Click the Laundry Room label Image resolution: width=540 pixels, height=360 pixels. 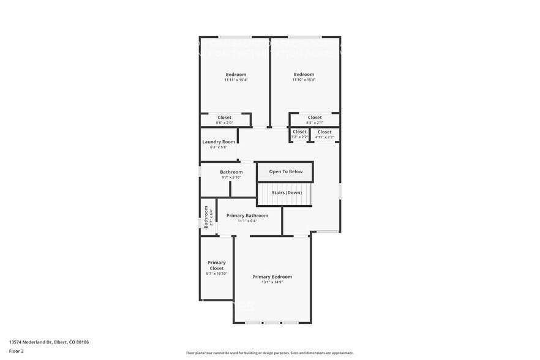[219, 142]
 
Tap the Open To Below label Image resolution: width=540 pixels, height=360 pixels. [285, 171]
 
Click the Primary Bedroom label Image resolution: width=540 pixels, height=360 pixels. [272, 277]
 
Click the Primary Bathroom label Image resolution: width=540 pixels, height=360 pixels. [247, 216]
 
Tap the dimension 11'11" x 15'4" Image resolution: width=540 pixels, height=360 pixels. [236, 80]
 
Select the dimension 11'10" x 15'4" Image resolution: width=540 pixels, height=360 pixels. [303, 80]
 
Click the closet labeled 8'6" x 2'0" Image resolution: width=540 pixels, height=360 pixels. [224, 120]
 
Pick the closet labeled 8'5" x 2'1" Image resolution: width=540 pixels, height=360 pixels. [314, 120]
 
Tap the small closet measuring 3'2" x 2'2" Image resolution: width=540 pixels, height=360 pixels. [299, 134]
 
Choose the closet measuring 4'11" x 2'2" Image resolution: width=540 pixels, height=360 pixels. [324, 134]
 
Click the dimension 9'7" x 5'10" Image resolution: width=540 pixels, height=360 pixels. [231, 178]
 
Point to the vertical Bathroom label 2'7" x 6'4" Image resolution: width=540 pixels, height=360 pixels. [208, 217]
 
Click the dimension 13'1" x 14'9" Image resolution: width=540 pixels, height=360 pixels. [272, 282]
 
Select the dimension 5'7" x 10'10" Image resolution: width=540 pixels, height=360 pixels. [216, 274]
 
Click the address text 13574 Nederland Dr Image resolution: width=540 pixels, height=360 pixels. [49, 342]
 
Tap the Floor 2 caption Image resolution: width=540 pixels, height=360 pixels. [17, 351]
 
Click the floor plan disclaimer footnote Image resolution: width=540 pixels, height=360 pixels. [269, 353]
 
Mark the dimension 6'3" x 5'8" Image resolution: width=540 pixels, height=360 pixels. [219, 147]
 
